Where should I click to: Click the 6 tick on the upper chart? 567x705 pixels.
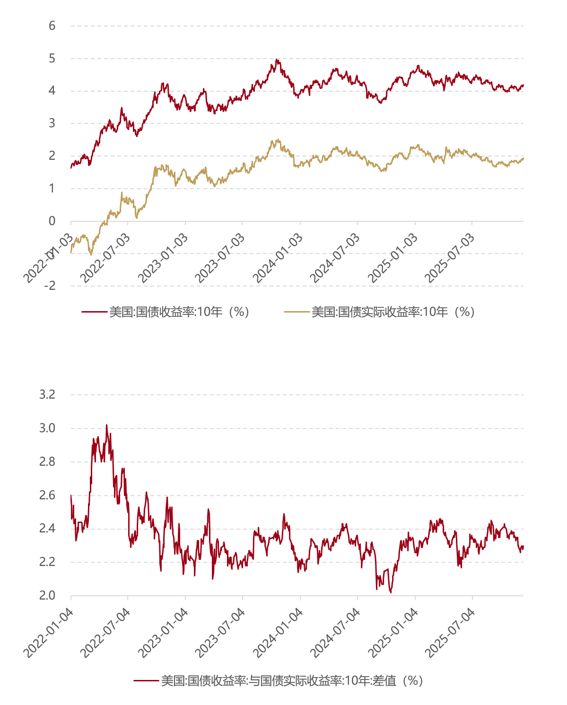click(52, 26)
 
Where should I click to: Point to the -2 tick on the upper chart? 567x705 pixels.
click(50, 286)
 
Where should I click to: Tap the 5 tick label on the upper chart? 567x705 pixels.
click(52, 59)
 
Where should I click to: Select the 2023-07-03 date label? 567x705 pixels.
click(220, 258)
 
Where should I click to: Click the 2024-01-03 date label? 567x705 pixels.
click(278, 258)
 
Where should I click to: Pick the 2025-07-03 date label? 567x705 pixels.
click(450, 258)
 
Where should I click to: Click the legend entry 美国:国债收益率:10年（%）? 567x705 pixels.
click(179, 312)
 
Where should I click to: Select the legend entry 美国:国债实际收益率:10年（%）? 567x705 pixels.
click(393, 312)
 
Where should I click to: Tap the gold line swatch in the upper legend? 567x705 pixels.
click(297, 312)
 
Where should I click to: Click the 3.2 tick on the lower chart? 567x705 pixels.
click(47, 394)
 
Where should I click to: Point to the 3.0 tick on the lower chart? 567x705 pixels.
click(47, 428)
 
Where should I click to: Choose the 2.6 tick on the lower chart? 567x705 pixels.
click(47, 496)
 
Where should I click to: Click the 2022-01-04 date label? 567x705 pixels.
click(48, 633)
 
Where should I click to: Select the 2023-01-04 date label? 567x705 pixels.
click(163, 633)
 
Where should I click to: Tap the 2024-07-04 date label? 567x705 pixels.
click(335, 633)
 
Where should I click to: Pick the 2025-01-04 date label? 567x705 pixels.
click(393, 633)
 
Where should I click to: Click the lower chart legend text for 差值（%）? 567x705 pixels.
click(292, 681)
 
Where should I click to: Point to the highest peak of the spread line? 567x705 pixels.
click(106, 425)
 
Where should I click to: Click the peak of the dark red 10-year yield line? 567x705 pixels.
click(277, 60)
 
